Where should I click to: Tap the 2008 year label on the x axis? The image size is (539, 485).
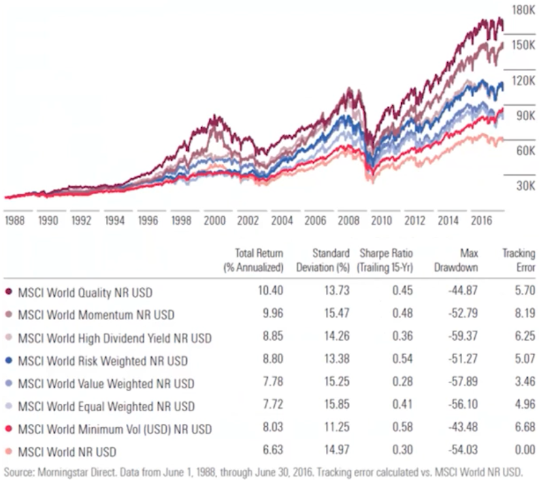coord(349,221)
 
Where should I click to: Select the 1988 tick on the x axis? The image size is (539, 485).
coord(14,221)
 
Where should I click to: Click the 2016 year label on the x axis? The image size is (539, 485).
coord(482,221)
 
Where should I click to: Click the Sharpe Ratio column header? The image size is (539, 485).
coord(386,260)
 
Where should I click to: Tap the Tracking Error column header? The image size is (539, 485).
coord(518,260)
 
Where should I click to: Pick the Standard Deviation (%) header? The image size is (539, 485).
coord(317,260)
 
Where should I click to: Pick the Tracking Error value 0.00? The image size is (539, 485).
coord(524,451)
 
